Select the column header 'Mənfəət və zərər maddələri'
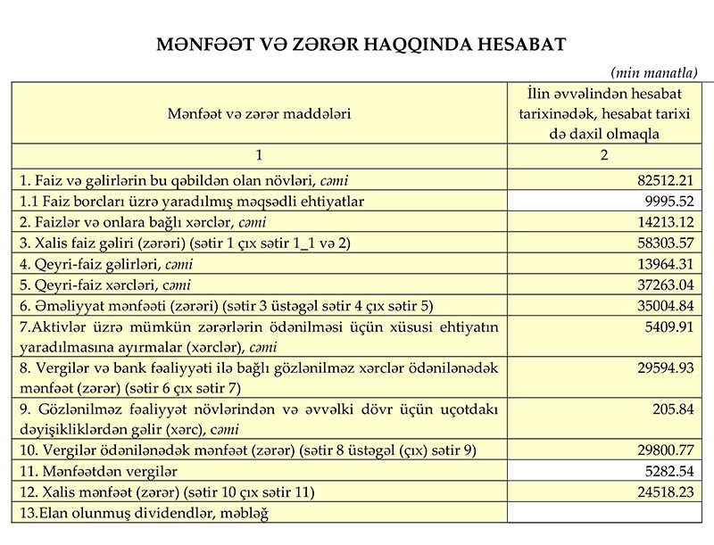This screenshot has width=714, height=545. pyautogui.click(x=259, y=113)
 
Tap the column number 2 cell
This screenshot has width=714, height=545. pyautogui.click(x=603, y=155)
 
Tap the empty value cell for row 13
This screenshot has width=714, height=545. pyautogui.click(x=603, y=512)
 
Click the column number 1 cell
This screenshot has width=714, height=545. pyautogui.click(x=259, y=155)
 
